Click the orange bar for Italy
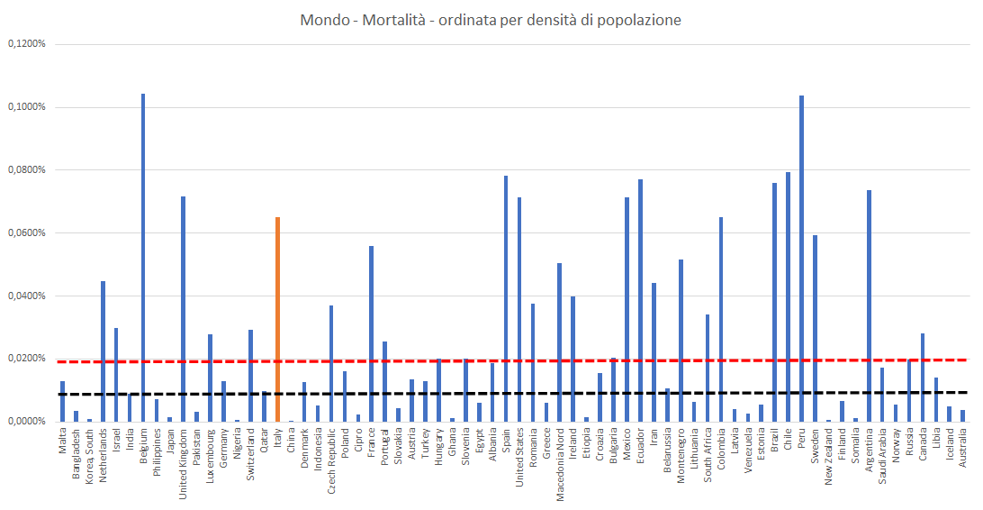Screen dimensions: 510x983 [277, 319]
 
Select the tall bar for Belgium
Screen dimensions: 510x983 [143, 257]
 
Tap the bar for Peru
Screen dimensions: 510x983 [801, 258]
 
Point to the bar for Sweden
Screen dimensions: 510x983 [815, 328]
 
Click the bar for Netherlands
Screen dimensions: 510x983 [103, 351]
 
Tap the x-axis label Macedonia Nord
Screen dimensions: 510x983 [560, 463]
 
